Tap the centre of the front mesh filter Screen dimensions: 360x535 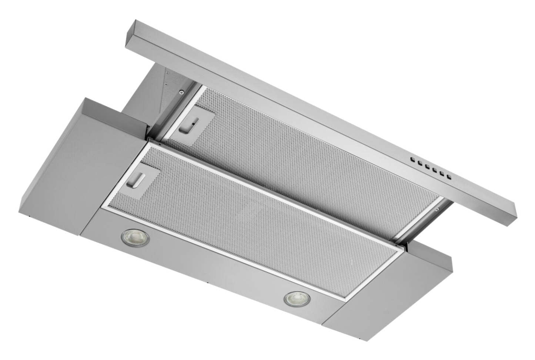[259, 219]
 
